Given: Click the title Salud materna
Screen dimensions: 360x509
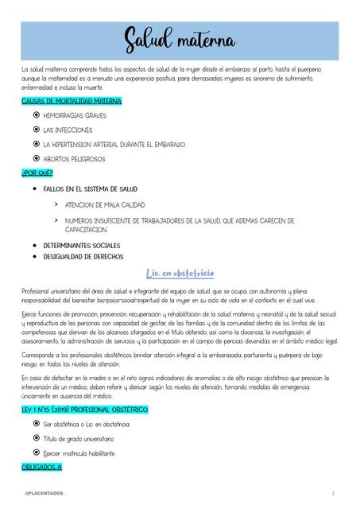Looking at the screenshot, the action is coord(180,38).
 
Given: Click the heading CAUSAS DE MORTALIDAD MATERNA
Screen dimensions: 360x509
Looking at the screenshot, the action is coord(72,102).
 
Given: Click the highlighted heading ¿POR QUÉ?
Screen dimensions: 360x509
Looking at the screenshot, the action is coord(37,173).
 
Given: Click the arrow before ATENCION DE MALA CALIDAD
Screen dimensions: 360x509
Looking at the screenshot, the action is coord(55,204).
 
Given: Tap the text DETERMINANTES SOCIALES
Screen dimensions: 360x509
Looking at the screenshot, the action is coord(81,245).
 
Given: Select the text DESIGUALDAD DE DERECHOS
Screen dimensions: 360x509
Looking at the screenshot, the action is coord(83,257).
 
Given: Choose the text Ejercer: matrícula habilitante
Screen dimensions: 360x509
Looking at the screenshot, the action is coord(79,453).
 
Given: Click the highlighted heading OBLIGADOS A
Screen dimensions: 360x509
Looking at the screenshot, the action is coord(41,468).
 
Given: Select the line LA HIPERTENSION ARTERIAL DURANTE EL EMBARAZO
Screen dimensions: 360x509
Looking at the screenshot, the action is coord(114,144).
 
